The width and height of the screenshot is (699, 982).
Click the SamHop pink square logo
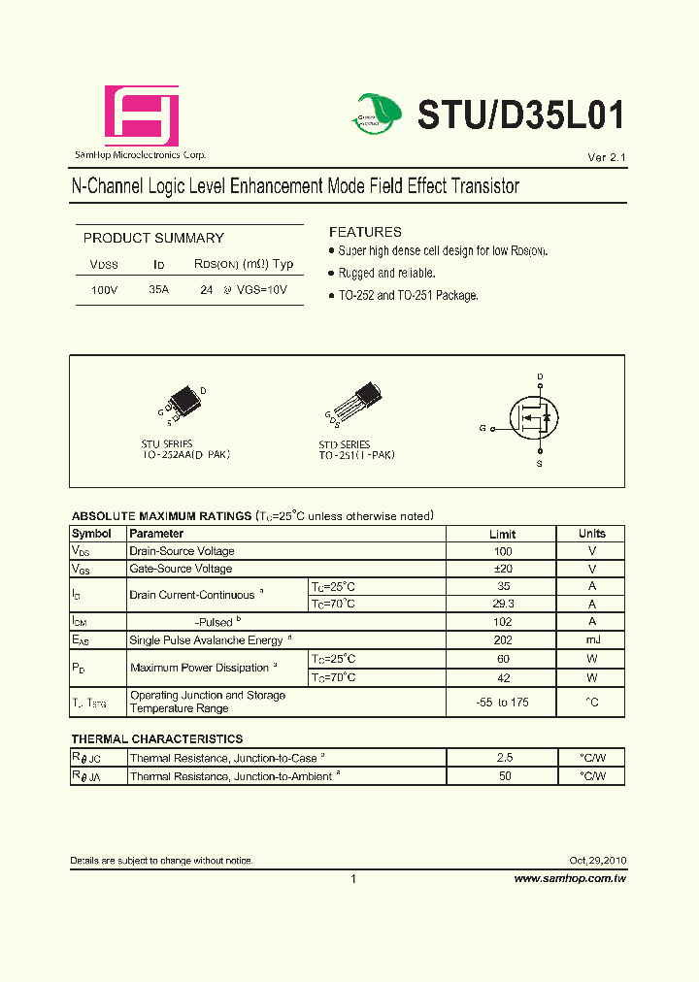point(142,115)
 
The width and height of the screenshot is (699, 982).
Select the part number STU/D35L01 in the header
point(520,115)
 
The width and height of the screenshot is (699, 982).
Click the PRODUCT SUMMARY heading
point(153,238)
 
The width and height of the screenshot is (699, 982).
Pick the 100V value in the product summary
point(104,290)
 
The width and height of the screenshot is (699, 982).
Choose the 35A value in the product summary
point(158,290)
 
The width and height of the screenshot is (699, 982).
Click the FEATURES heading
point(365,232)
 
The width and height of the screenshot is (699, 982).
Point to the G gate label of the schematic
point(483,428)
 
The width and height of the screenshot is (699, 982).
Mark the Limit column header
point(502,534)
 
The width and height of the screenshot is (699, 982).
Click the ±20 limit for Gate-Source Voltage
point(502,569)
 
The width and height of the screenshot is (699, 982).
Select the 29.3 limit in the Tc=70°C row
point(502,604)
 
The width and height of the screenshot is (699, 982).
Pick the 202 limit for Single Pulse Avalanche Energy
point(502,639)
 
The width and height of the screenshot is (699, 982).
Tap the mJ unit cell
point(591,639)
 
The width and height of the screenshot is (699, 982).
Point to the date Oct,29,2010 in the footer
point(598,861)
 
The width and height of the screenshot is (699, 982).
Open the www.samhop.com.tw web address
point(570,878)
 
